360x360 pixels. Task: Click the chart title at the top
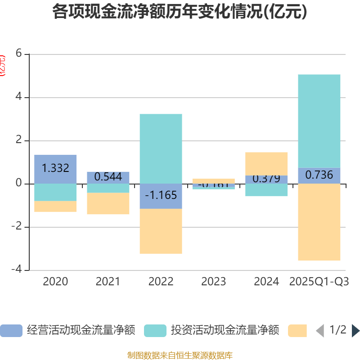click(x=180, y=12)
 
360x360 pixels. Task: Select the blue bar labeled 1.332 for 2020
click(x=55, y=169)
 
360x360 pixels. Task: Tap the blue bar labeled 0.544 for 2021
click(x=108, y=177)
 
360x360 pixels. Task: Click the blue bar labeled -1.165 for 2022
click(x=161, y=196)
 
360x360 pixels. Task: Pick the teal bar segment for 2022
click(x=161, y=148)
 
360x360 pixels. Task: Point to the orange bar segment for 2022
click(x=161, y=231)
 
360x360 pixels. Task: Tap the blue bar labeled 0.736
click(x=319, y=175)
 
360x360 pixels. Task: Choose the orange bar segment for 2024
click(x=266, y=163)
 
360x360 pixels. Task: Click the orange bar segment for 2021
click(x=108, y=204)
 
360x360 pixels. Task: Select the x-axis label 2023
click(x=214, y=282)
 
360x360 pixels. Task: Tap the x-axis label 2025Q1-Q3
click(x=319, y=282)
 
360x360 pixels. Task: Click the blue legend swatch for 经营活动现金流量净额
click(x=11, y=331)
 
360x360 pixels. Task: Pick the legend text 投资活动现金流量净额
click(x=225, y=330)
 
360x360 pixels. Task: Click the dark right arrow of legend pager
click(x=355, y=331)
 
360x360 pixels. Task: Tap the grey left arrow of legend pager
click(x=320, y=331)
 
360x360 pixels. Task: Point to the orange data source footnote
click(x=180, y=355)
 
